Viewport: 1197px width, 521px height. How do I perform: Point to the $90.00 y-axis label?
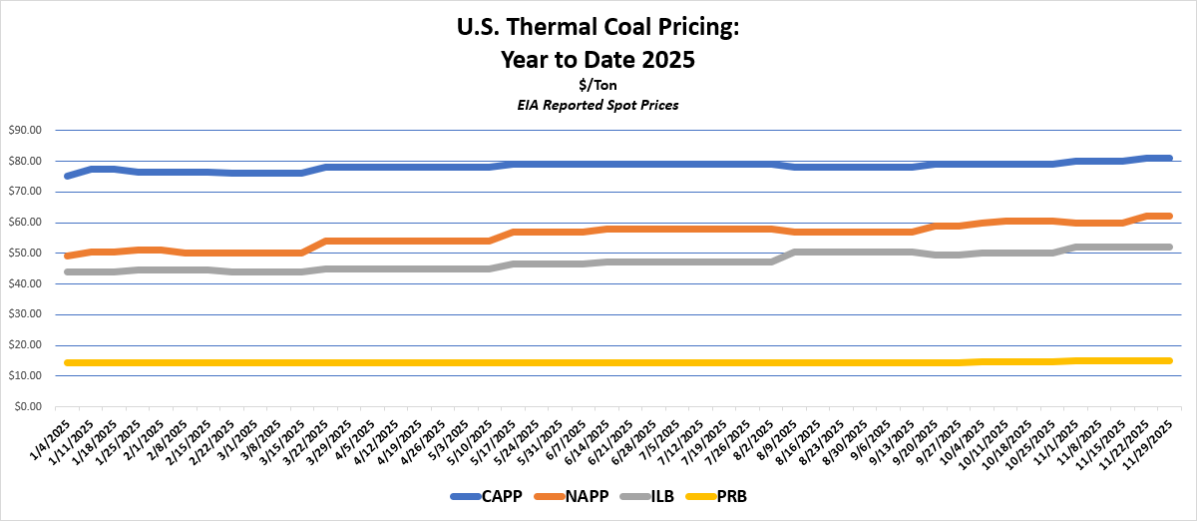[23, 131]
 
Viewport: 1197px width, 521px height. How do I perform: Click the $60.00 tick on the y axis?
[23, 223]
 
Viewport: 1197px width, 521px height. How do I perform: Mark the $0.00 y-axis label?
[27, 407]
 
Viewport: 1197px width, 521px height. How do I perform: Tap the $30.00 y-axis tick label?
[23, 314]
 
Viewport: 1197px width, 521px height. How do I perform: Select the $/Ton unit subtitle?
[598, 86]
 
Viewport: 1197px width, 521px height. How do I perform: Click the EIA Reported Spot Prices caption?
[598, 105]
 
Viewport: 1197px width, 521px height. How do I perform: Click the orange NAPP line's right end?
[1168, 216]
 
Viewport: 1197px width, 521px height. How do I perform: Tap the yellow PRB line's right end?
[1168, 360]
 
